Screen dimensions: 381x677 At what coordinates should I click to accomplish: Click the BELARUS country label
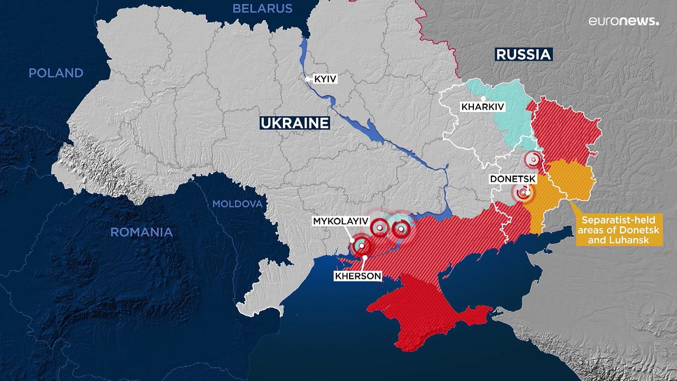262,8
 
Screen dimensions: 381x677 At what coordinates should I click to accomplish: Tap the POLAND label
56,74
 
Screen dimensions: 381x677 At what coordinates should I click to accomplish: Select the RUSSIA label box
523,54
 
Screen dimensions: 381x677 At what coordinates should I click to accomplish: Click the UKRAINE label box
295,123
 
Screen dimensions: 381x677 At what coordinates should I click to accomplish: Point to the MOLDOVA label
237,204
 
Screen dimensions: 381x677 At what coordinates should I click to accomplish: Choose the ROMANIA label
141,232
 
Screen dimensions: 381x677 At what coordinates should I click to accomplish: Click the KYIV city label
325,79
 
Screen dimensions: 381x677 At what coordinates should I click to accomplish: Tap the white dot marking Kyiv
308,79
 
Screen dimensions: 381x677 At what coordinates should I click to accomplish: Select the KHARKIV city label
482,107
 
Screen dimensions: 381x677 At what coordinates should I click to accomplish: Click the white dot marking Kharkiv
482,98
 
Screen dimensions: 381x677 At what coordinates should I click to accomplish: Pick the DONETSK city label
513,179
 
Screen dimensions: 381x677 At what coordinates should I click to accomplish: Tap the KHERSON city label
358,276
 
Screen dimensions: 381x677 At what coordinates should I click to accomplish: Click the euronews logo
624,21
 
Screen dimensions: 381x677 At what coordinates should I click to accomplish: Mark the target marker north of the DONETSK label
533,159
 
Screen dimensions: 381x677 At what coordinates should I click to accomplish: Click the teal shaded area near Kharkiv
510,114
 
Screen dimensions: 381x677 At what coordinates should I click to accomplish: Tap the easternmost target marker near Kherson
401,229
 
